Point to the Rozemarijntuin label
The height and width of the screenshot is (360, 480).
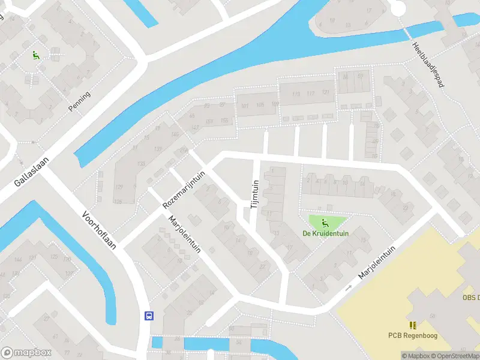pyautogui.click(x=184, y=189)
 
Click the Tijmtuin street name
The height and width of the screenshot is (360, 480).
pyautogui.click(x=254, y=193)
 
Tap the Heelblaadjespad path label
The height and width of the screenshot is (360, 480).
pyautogui.click(x=427, y=67)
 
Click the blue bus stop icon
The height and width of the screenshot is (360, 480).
pyautogui.click(x=149, y=316)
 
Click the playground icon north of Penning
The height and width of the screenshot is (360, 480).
pyautogui.click(x=36, y=56)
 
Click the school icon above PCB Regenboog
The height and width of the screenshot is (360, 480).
pyautogui.click(x=413, y=325)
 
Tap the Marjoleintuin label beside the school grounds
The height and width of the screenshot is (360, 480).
pyautogui.click(x=377, y=262)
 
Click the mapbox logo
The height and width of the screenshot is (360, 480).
pyautogui.click(x=25, y=353)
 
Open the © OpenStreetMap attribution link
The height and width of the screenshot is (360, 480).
pyautogui.click(x=449, y=356)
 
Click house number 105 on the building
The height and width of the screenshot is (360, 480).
pyautogui.click(x=260, y=106)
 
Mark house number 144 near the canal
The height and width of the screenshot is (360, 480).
pyautogui.click(x=18, y=259)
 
